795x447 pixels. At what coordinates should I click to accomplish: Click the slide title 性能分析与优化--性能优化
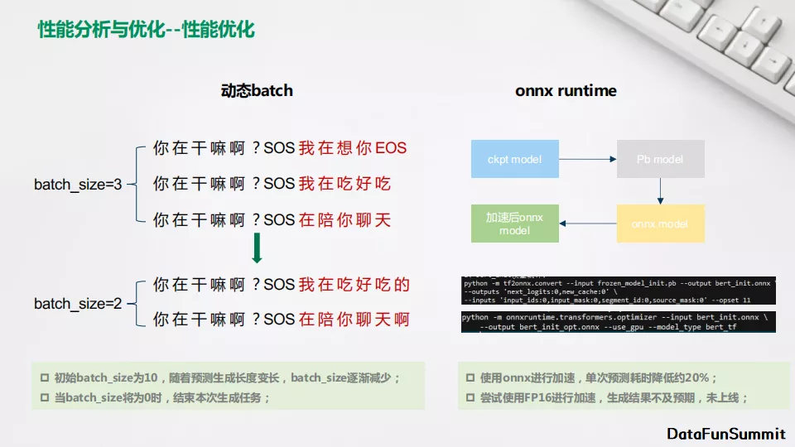(x=146, y=31)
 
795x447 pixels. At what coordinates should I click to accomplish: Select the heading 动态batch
(x=257, y=90)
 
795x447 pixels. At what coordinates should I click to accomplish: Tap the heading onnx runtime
(x=566, y=90)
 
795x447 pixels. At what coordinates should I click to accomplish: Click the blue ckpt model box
(x=515, y=159)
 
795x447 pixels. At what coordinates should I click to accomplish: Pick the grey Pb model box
(x=660, y=159)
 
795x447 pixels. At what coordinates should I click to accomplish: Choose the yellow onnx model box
(x=660, y=223)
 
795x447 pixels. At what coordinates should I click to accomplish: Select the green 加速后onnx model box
(x=515, y=223)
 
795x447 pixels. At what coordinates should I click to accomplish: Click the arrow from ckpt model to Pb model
(x=588, y=159)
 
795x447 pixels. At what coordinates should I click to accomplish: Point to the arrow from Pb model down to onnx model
(x=660, y=191)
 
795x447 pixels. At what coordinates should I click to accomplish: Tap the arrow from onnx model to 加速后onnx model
(x=588, y=223)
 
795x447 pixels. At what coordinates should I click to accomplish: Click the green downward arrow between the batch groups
(x=257, y=248)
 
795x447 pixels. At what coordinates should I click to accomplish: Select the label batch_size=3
(x=78, y=185)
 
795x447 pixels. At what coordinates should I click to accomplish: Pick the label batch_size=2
(x=78, y=304)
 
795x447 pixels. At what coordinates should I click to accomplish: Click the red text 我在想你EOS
(x=353, y=149)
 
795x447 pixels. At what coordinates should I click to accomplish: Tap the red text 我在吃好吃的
(x=354, y=286)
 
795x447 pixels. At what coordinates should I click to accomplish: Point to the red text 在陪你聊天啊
(x=354, y=320)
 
